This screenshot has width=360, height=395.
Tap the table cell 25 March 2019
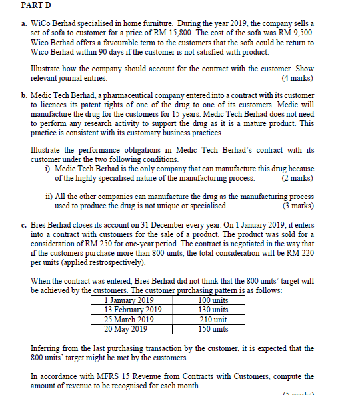click(x=129, y=319)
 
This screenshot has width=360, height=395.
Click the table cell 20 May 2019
click(x=126, y=328)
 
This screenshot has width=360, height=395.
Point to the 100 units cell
click(x=213, y=300)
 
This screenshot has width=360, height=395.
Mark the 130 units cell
click(x=213, y=310)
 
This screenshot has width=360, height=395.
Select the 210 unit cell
click(x=213, y=319)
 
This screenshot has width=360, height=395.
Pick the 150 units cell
click(x=213, y=328)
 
